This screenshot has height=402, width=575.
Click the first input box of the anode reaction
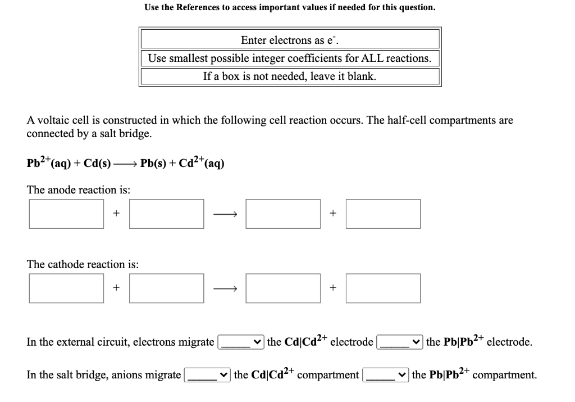66,214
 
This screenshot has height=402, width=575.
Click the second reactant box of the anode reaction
166,214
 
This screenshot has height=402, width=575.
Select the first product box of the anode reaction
283,214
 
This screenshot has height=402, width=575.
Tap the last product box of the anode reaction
383,214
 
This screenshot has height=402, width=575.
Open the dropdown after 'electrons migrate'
241,342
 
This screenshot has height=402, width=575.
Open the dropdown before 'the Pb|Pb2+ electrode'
400,342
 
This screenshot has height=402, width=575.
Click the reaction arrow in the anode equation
227,214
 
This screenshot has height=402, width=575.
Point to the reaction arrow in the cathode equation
227,288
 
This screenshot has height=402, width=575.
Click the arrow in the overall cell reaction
125,165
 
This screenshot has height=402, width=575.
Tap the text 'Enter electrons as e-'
290,40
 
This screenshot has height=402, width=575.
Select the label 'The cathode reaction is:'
83,264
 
